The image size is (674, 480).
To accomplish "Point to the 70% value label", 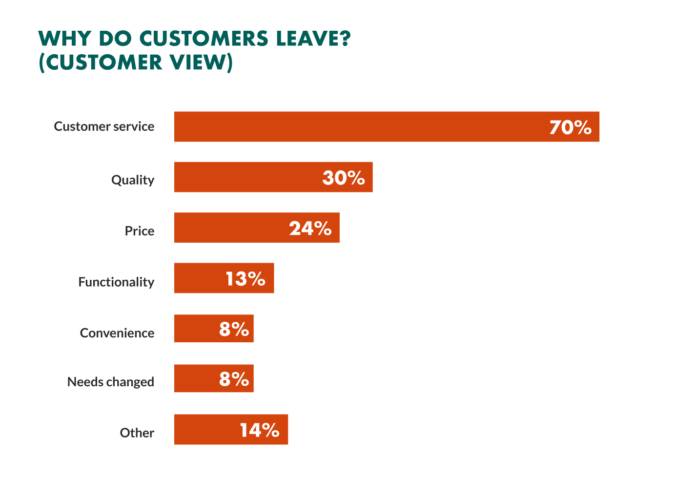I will (570, 127).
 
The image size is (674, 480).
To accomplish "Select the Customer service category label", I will (104, 126).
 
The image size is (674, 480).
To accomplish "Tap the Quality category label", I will (133, 180).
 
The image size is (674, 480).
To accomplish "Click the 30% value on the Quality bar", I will (344, 178).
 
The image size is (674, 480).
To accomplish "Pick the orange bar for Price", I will (229, 228).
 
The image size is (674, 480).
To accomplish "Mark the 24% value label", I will (310, 229).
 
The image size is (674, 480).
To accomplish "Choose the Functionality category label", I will (116, 282).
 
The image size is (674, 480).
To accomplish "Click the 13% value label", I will (245, 279).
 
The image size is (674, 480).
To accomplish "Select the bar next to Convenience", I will (195, 329).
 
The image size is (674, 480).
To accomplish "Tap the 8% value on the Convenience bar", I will (234, 329).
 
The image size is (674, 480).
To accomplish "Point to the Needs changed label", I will (111, 382).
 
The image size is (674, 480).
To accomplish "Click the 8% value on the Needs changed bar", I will (234, 379).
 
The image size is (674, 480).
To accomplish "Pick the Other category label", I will (137, 433).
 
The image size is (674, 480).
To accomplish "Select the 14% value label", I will (259, 430).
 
